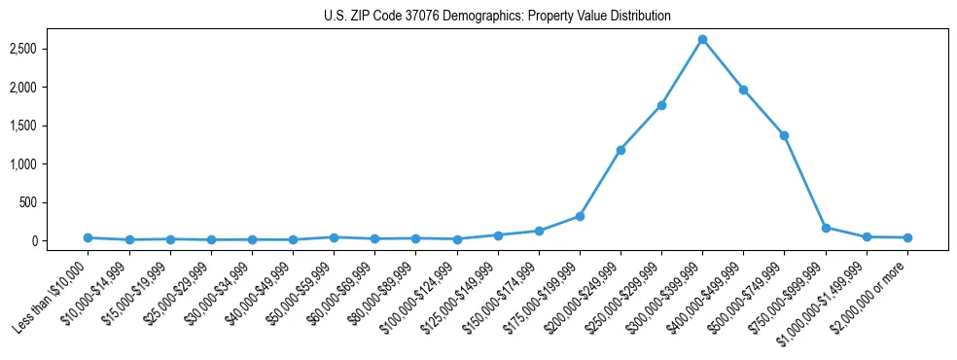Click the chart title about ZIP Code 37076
497,17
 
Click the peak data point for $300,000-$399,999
702,39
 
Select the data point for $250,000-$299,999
661,105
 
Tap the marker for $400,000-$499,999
743,90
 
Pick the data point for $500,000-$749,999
784,135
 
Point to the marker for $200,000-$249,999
620,150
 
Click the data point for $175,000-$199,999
580,216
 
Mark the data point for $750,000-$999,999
826,228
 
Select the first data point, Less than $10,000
88,237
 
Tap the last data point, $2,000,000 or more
907,237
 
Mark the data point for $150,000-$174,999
539,231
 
